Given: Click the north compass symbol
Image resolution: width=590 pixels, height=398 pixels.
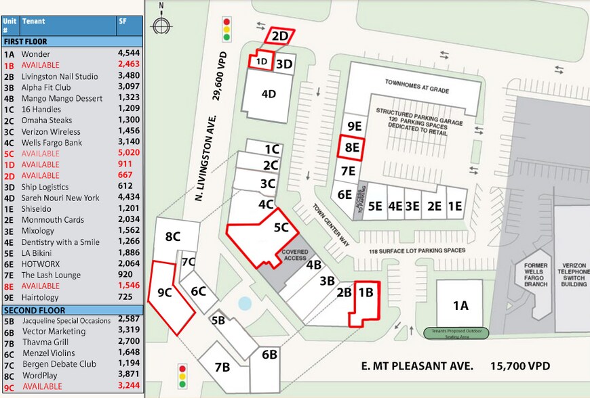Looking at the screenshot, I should (161, 26).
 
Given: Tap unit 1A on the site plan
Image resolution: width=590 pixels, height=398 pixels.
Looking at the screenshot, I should (460, 305).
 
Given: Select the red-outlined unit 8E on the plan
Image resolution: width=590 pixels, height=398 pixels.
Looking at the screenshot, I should (351, 147).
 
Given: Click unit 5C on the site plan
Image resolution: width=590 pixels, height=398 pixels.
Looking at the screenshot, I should (281, 228).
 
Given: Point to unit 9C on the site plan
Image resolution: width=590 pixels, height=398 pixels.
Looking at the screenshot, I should (165, 293).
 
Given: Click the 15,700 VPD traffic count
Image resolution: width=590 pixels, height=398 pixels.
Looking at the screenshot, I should (520, 366).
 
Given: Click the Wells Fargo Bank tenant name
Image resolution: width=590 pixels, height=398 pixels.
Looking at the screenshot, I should (52, 143).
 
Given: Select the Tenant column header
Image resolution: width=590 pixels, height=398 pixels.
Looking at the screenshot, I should (33, 21).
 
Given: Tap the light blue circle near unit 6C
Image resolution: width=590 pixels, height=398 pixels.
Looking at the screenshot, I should (245, 303).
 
